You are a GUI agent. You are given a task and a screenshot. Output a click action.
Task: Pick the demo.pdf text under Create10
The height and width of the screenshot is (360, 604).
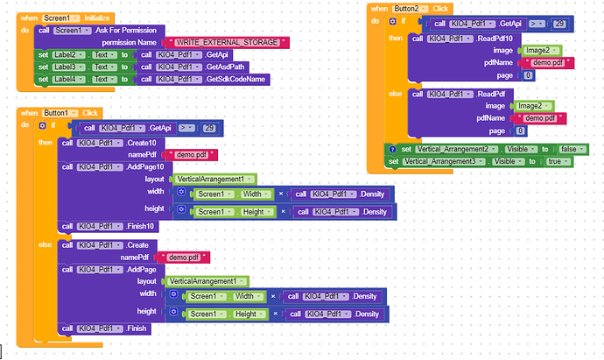[191, 154]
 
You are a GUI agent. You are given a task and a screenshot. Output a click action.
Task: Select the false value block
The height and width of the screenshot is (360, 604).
[568, 149]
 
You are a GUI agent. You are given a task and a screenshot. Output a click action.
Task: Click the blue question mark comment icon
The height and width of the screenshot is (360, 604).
[392, 150]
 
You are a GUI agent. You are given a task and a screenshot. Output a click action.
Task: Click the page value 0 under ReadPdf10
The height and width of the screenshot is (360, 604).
[527, 75]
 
